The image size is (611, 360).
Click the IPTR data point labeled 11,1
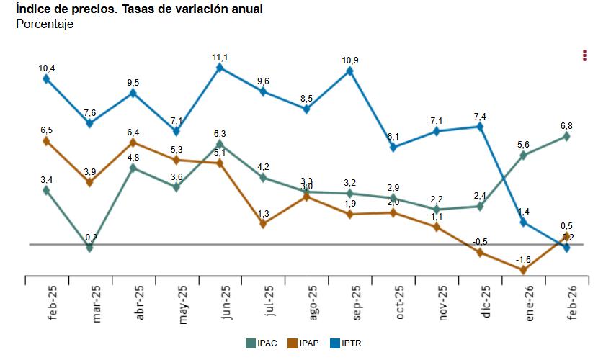click(220, 68)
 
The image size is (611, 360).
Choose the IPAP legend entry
click(303, 343)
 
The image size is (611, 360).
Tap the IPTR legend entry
click(344, 343)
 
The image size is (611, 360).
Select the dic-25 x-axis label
click(486, 303)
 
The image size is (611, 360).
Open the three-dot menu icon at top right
click(585, 55)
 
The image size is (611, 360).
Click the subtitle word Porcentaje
click(45, 24)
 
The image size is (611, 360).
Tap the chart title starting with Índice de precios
click(138, 9)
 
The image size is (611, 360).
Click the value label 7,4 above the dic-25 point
click(481, 117)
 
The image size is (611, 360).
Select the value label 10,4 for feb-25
click(47, 68)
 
